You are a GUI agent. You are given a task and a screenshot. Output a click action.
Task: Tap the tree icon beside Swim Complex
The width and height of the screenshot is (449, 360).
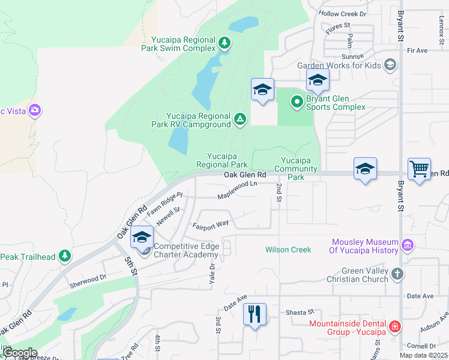224,43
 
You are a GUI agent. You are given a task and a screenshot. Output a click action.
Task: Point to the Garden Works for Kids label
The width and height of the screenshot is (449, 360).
340,65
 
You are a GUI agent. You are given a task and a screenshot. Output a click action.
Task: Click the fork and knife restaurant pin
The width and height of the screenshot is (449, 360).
255,313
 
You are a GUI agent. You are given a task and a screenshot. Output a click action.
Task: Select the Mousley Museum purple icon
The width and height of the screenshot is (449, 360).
408,245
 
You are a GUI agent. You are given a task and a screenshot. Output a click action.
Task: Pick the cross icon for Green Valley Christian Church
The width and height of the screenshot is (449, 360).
397,274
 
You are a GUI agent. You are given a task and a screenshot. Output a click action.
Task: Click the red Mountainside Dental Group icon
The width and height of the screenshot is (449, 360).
394,327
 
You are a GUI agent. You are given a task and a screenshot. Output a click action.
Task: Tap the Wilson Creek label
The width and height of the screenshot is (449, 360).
288,250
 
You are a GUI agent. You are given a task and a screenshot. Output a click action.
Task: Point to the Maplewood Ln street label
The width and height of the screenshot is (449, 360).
237,191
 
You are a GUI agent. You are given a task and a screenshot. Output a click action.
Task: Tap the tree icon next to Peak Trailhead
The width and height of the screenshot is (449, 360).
65,256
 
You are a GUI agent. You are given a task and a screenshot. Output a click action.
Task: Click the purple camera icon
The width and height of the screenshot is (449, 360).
34,110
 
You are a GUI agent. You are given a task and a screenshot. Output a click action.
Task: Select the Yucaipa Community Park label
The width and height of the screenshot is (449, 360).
300,169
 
